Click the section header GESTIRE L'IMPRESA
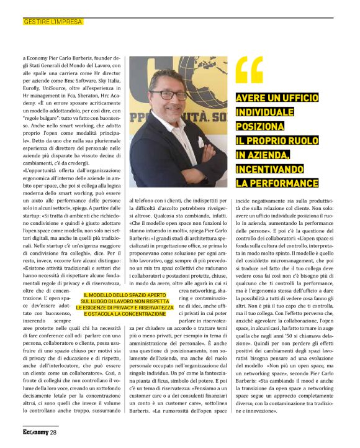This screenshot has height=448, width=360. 53,22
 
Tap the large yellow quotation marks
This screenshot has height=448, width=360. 250,70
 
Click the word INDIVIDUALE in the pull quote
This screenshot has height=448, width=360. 264,112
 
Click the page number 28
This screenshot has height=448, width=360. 53,432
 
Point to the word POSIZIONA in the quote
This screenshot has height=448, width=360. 260,127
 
